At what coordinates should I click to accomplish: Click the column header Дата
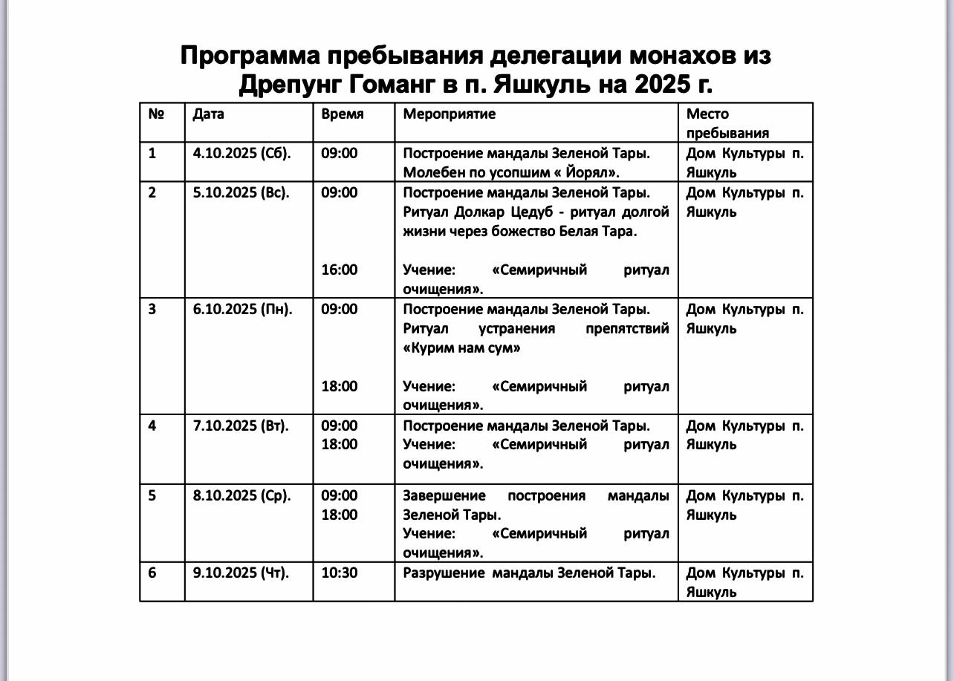click(x=208, y=114)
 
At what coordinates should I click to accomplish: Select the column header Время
click(x=343, y=114)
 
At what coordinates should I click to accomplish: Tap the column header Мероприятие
click(x=449, y=114)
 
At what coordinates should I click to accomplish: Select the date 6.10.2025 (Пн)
click(x=242, y=309)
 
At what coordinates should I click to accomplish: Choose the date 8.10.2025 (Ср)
click(x=241, y=495)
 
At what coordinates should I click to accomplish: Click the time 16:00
click(x=339, y=270)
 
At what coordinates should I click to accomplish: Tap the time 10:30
click(x=339, y=573)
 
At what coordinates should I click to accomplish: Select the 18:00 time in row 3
click(x=339, y=386)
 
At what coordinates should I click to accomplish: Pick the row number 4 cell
click(x=152, y=426)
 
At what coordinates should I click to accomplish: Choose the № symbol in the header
click(x=156, y=114)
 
